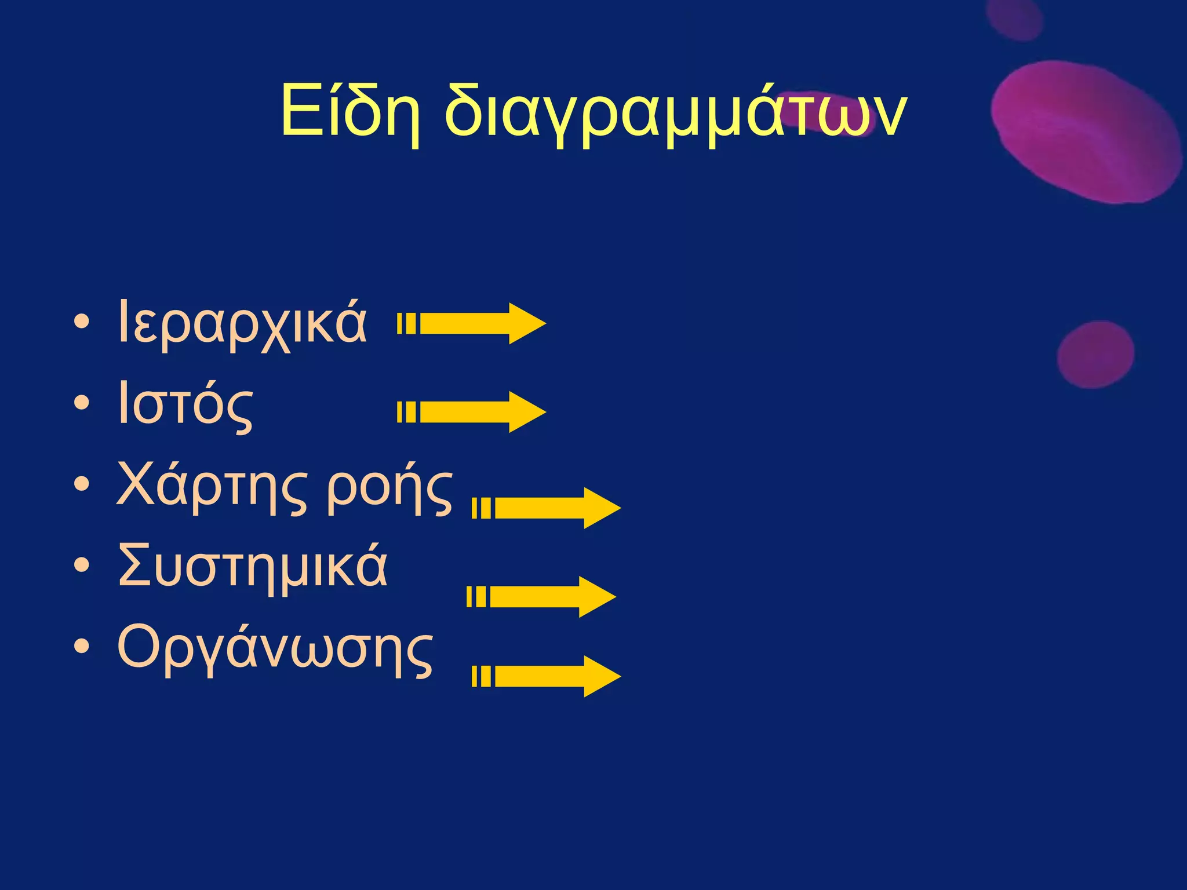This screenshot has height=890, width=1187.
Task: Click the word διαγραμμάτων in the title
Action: coord(675,113)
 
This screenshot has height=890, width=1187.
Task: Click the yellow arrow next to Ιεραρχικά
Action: coord(472,323)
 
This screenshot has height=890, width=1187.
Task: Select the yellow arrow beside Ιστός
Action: coord(472,412)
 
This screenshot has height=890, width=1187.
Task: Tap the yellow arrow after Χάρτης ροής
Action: coord(547,508)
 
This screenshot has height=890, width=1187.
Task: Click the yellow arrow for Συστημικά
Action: coord(542,597)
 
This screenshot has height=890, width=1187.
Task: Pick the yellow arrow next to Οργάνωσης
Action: coord(547,676)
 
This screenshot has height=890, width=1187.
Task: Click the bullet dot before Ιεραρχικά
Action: coord(82,322)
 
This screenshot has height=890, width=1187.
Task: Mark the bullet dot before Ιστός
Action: coord(82,403)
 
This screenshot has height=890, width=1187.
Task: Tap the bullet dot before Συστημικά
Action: coord(82,565)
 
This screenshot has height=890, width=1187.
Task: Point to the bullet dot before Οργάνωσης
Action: coord(82,646)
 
